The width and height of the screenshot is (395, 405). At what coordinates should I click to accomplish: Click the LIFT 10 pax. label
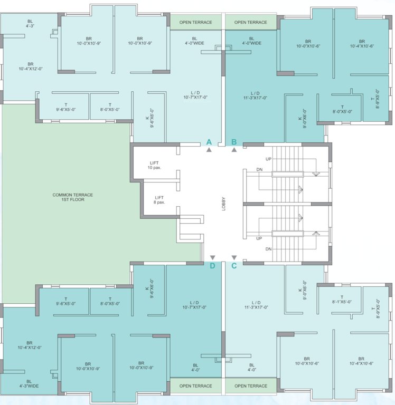click(154, 165)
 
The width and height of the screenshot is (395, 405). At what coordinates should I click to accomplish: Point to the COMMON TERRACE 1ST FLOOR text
click(73, 197)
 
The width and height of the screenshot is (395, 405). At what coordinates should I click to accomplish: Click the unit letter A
click(209, 142)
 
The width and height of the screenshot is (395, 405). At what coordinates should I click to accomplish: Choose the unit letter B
click(234, 142)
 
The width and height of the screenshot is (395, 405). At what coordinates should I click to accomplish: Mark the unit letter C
click(234, 266)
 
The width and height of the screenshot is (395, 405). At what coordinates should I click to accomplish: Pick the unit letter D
click(212, 266)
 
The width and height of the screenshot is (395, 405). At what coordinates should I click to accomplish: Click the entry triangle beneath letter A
click(209, 150)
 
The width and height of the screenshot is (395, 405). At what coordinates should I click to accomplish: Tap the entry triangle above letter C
click(234, 258)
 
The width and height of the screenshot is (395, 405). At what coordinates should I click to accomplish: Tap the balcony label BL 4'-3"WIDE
click(29, 383)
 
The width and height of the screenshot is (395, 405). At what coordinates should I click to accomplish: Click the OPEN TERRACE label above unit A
click(195, 22)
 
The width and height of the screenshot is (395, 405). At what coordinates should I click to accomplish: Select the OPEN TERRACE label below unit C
click(250, 386)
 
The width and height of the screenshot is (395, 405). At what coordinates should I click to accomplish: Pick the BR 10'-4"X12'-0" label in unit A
click(30, 65)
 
